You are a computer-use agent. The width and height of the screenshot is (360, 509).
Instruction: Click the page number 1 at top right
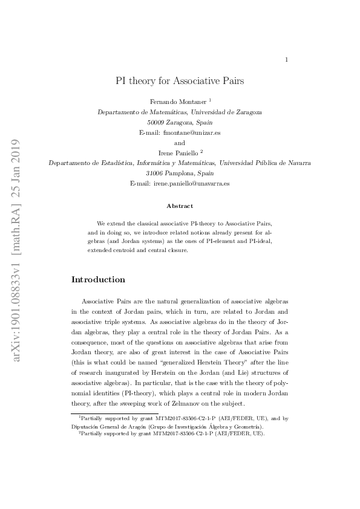tap(286, 59)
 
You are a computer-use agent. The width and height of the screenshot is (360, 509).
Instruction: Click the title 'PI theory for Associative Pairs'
tap(180, 80)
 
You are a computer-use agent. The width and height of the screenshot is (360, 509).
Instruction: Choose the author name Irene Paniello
tap(177, 152)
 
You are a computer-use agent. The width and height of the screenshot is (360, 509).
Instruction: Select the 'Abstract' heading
tap(180, 206)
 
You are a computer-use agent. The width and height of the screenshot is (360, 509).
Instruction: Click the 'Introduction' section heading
tap(98, 280)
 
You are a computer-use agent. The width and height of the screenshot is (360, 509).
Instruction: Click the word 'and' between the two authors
tap(180, 143)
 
